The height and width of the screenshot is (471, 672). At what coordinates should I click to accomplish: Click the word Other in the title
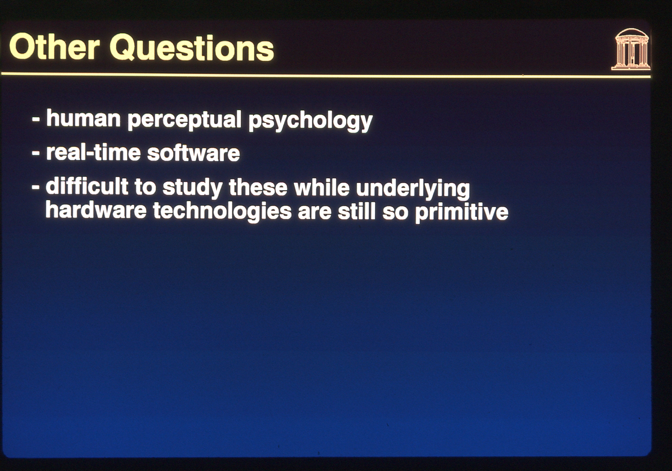(54, 48)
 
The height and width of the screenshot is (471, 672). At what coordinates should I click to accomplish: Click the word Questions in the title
(192, 48)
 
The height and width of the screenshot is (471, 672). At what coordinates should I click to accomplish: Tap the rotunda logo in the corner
(630, 50)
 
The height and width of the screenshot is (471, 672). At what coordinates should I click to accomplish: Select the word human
(83, 118)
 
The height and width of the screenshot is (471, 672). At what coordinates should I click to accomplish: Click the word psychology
(310, 122)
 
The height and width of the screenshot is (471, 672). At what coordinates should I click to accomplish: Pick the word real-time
(93, 153)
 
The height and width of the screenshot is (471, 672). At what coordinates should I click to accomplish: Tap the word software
(194, 153)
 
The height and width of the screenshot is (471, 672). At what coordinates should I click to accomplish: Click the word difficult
(87, 187)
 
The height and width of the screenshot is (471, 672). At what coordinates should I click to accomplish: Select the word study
(192, 188)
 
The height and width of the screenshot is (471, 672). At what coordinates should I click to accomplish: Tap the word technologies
(222, 212)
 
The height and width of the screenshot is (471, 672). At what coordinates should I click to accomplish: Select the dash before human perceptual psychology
(36, 120)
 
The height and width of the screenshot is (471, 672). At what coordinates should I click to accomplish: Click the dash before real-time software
(36, 154)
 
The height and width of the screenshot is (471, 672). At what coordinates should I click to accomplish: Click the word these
(258, 188)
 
